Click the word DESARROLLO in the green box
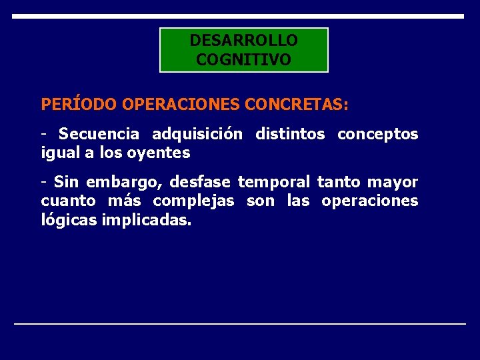coord(243,41)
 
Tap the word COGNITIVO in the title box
coord(243,60)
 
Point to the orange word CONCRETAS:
coord(297,105)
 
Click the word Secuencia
coord(99,134)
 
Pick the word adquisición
coord(197,134)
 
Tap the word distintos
coord(290,134)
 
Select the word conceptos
coord(378,134)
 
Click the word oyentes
coord(164,153)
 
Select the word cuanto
coord(63,201)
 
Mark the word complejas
coord(193,201)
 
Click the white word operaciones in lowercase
coord(369,201)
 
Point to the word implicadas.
coord(147,219)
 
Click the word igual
coord(59,153)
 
